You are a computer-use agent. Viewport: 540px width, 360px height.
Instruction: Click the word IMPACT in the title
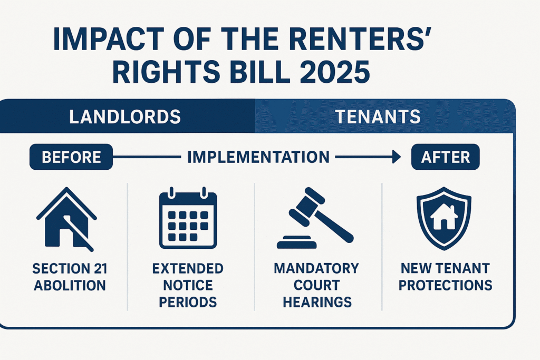(x=109, y=39)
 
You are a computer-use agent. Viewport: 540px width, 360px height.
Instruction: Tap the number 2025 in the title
(x=335, y=72)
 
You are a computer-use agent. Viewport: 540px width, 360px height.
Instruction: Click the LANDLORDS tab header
(x=125, y=116)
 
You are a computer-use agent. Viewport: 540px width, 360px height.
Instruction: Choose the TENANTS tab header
(x=378, y=116)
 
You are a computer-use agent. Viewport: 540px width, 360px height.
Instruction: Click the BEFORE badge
(x=71, y=157)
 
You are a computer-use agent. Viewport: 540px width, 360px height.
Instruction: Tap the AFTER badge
(x=445, y=157)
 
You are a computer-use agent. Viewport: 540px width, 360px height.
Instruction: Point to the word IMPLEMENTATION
(x=258, y=157)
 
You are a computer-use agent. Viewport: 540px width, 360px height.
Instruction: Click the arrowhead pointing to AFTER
(x=397, y=157)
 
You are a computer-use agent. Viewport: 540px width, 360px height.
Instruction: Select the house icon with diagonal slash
(x=66, y=219)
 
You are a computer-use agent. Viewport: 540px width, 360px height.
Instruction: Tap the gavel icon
(x=315, y=218)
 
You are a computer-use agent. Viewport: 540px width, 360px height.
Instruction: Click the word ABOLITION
(x=70, y=285)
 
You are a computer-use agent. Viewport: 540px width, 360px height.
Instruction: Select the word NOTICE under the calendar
(x=188, y=285)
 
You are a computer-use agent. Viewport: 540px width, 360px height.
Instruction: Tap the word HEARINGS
(x=317, y=302)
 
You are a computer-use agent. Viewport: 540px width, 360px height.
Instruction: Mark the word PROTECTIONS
(x=445, y=285)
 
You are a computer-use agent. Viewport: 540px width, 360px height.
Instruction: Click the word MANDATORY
(x=316, y=268)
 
